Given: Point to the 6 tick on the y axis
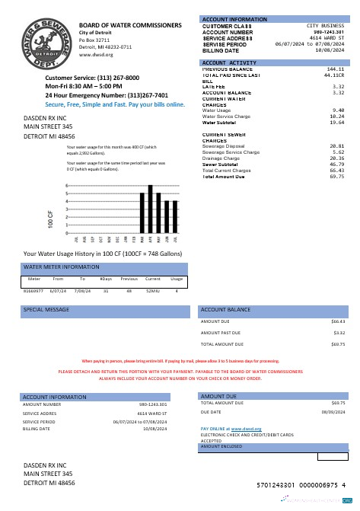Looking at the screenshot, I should click(47, 185).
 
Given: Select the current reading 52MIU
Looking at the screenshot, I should click(153, 291).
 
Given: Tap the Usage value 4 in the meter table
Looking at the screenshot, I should click(177, 291).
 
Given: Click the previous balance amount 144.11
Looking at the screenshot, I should click(336, 69).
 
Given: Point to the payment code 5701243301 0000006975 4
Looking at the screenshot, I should click(301, 484).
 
